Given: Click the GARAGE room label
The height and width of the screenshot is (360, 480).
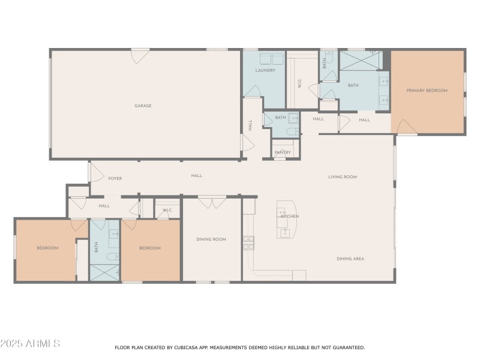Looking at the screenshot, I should point(143,106).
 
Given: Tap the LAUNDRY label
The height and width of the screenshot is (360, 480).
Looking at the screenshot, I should point(265,70).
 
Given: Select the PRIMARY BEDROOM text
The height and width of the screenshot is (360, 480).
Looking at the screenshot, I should point(427,91).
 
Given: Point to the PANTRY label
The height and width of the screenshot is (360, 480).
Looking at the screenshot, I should point(283,152).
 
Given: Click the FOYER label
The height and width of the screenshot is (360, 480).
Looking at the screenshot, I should point(115,178).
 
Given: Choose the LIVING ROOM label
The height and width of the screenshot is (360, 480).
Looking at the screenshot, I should point(343,177).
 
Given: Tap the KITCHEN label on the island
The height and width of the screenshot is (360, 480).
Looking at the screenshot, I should point(290,216).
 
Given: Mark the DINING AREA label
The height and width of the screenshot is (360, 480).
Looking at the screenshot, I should point(350,259).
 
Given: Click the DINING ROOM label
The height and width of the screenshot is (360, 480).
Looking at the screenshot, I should point(211,239).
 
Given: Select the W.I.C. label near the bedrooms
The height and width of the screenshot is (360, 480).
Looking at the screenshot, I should point(167,210).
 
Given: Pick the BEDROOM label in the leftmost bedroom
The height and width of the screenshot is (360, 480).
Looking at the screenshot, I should point(47,248).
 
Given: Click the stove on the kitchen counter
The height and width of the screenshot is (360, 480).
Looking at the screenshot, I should point(248,243).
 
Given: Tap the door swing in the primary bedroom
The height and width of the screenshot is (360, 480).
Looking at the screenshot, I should point(406,127).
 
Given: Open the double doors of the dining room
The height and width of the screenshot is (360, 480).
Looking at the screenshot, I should point(212,202).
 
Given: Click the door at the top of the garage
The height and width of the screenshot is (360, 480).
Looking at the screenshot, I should point(140,56).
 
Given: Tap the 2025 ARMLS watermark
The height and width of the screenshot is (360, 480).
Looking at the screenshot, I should point(30,344).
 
